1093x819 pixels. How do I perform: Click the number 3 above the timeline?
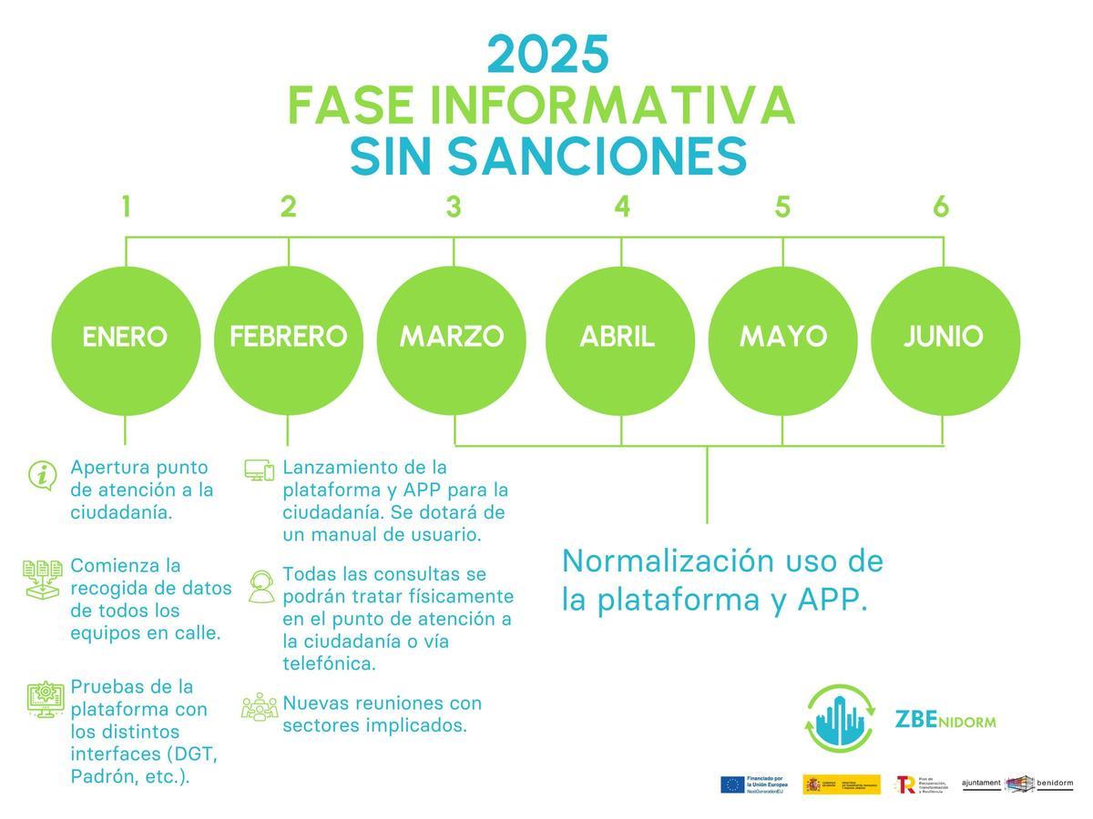[454, 207]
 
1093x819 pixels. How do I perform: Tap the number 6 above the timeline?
[941, 207]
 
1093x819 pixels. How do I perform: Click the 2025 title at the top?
[547, 55]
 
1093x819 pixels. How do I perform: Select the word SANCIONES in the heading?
[597, 157]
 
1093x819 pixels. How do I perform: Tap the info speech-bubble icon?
[42, 475]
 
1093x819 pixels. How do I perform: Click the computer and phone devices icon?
[259, 470]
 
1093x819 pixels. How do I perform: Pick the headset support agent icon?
[260, 586]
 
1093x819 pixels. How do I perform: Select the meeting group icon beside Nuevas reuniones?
[260, 707]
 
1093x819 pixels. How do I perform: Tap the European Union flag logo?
[732, 784]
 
